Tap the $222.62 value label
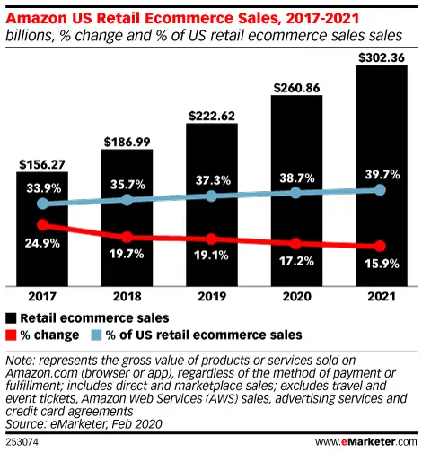coord(212,115)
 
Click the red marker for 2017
coord(42,225)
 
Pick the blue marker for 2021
coord(381,190)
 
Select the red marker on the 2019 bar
coord(212,239)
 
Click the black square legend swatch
coord(10,317)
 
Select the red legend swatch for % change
coord(10,334)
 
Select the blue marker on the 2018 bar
coord(127,200)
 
